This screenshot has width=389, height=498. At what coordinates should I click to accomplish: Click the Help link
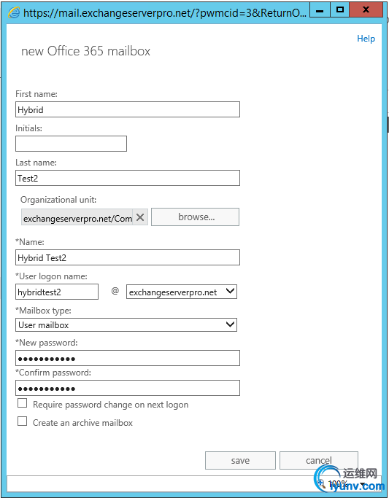click(366, 39)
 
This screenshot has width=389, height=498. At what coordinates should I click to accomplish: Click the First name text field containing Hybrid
click(127, 109)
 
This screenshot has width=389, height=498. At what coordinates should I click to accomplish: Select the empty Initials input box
click(71, 144)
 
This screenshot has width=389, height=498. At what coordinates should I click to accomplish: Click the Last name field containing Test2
click(127, 178)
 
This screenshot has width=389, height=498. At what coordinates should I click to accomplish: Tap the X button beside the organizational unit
click(141, 217)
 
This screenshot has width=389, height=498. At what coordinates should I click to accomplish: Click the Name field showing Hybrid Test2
click(127, 257)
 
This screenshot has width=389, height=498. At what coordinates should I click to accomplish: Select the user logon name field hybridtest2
click(57, 292)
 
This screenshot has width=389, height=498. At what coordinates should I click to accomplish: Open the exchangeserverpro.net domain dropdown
click(182, 292)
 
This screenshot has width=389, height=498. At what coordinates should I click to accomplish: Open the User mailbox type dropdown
click(126, 325)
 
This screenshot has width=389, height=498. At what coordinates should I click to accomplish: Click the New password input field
click(127, 358)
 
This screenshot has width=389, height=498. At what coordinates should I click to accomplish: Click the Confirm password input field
click(127, 388)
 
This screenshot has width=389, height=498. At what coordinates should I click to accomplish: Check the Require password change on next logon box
click(23, 403)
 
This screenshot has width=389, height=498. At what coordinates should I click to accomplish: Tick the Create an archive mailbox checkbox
click(23, 421)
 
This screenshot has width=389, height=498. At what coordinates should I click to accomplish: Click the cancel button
click(318, 460)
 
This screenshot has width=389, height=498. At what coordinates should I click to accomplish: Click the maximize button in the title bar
click(340, 9)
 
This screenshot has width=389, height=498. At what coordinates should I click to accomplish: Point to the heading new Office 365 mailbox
click(85, 51)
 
